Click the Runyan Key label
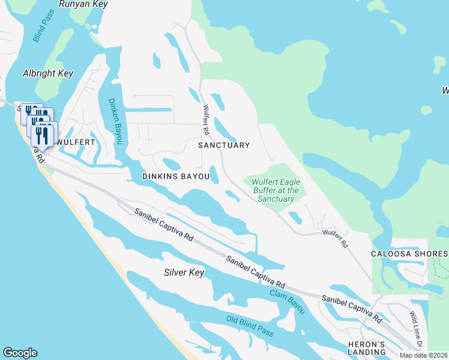point(83,4)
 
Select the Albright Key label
point(47,73)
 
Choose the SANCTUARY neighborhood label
point(224,145)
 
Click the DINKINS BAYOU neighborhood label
point(176,177)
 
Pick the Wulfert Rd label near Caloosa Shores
point(336,238)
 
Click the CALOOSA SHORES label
point(410,254)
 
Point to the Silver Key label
point(184,273)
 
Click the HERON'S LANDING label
point(366,349)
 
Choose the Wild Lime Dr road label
point(417,330)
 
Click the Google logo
point(20,352)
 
